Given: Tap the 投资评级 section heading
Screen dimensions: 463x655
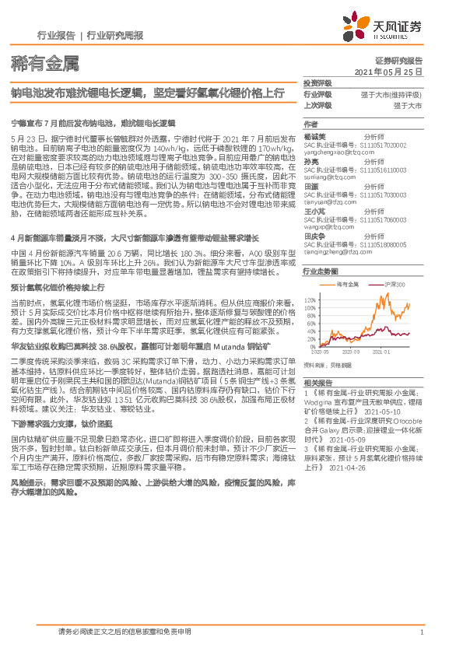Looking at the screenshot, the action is click(x=317, y=82).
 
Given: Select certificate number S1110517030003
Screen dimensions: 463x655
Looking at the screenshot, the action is click(x=384, y=194).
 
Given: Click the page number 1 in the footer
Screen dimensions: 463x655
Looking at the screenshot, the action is click(x=421, y=632).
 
